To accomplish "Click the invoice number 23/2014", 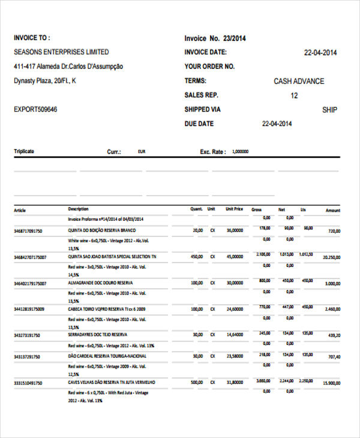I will tap(235, 38).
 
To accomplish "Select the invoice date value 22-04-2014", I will tap(320, 53).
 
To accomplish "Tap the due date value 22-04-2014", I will tap(277, 124).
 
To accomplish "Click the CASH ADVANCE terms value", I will tap(299, 82).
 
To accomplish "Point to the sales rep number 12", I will tap(294, 96).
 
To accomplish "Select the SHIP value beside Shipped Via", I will tap(329, 110).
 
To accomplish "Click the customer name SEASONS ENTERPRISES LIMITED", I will tap(61, 52).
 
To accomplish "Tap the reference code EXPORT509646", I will tap(35, 110).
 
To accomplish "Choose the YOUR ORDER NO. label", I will tap(209, 67).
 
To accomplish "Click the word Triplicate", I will tap(24, 151).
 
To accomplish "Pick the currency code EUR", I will tap(142, 152).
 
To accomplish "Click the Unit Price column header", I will tap(234, 209).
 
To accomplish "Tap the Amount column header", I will tap(332, 211).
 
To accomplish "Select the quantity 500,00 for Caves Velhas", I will tap(196, 382).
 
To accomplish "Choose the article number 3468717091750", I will tap(28, 230).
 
